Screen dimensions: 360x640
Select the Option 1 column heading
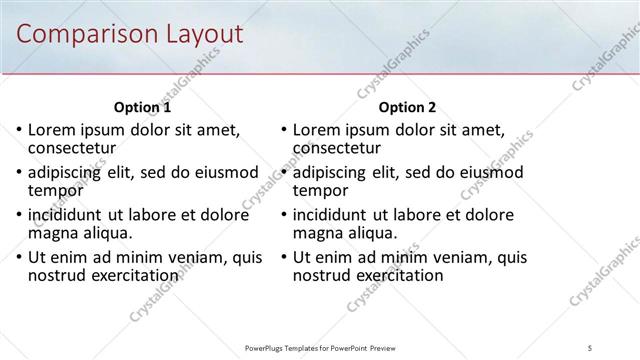(142, 107)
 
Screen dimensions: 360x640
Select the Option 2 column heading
(408, 107)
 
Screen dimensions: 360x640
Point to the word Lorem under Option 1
(52, 130)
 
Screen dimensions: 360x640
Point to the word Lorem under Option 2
(318, 130)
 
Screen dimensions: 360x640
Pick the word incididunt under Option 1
(67, 215)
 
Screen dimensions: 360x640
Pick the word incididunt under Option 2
(333, 215)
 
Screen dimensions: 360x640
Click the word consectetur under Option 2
(344, 148)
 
